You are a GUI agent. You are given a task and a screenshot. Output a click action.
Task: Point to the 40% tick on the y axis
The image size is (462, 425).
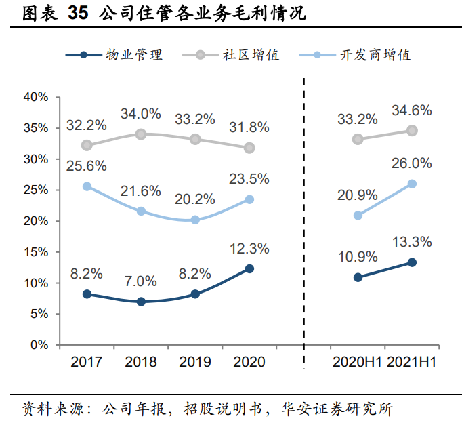(x=36, y=97)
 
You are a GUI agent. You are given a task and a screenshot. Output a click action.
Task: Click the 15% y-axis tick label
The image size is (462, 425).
(x=36, y=252)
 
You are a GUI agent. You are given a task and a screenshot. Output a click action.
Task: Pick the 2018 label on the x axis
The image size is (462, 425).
(x=141, y=362)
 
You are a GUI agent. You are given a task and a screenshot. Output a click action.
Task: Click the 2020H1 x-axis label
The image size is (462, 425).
(x=357, y=362)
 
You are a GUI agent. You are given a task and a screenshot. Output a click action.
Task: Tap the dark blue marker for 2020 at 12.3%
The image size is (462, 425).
(x=249, y=268)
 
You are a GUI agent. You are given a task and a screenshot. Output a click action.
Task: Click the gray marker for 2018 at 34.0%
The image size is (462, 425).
(x=141, y=134)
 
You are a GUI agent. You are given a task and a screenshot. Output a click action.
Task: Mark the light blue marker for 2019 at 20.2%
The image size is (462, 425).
(x=195, y=220)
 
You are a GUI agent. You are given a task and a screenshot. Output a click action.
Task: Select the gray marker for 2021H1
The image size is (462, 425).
(x=412, y=130)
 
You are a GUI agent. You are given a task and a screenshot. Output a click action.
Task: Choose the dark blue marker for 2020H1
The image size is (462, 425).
(x=358, y=277)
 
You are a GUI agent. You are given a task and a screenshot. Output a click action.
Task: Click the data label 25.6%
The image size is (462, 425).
(x=87, y=165)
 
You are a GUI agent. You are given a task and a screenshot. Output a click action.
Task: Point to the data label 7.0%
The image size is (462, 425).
(x=141, y=281)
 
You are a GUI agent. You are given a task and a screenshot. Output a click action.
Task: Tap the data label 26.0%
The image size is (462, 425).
(x=412, y=163)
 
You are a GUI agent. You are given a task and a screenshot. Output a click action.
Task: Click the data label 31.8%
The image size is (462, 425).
(x=249, y=127)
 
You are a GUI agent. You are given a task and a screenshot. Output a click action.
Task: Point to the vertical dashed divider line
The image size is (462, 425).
(x=303, y=224)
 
